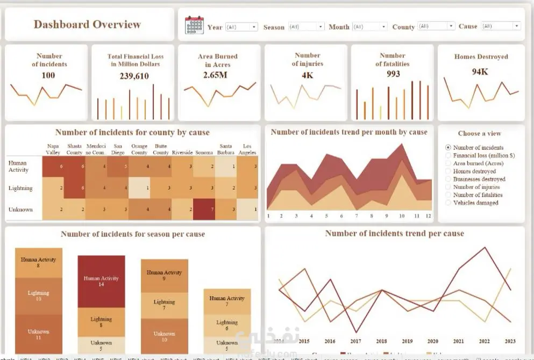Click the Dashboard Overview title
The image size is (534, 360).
click(x=87, y=24)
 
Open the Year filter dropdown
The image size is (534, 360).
click(x=241, y=27)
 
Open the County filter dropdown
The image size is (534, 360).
click(x=436, y=26)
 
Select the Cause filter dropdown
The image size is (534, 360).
click(x=501, y=26)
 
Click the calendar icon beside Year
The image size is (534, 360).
click(x=194, y=26)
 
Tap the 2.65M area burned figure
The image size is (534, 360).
click(x=215, y=75)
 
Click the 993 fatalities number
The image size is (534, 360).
click(x=393, y=74)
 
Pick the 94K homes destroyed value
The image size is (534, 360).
click(x=480, y=71)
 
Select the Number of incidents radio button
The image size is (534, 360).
click(x=448, y=148)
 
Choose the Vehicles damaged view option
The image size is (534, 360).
click(x=448, y=203)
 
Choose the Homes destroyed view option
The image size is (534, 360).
click(x=448, y=171)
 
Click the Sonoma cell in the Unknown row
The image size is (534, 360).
click(x=204, y=209)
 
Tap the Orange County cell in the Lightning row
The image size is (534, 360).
click(x=139, y=188)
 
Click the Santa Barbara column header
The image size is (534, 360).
click(x=226, y=149)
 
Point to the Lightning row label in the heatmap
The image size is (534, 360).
click(x=20, y=188)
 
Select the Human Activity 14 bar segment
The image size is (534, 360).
click(x=101, y=281)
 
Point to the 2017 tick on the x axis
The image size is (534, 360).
click(x=355, y=341)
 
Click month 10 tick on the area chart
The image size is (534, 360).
click(x=401, y=216)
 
